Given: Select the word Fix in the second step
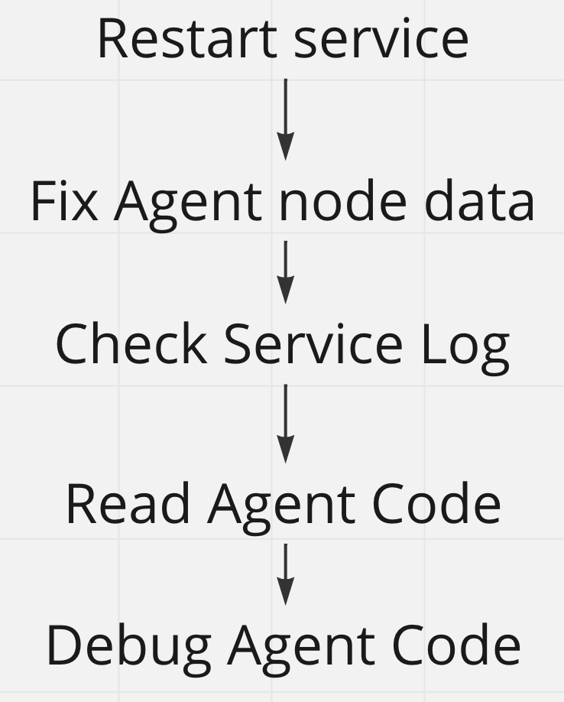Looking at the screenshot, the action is pos(64,201).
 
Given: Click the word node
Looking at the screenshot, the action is pos(343,201).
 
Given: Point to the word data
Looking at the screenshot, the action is pos(479,201).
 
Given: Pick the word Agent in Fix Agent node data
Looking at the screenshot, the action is pos(188,206).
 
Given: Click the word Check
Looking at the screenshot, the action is pos(131,343).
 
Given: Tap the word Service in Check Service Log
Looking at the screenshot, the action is pos(313,343).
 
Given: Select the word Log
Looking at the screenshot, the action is pos(465,348).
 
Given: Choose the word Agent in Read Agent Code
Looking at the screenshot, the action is pos(281,508).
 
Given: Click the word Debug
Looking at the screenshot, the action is pos(128,650).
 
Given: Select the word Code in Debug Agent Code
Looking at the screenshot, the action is pos(456,645).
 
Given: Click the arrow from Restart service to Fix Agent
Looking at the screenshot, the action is pos(285,119).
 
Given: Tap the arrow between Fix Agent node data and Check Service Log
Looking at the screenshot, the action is pos(285,273).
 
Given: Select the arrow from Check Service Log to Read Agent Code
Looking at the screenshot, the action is pos(285,424).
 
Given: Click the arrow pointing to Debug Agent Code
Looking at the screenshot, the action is pos(285,574).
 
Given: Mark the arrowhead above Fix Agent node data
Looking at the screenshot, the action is pos(285,146).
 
